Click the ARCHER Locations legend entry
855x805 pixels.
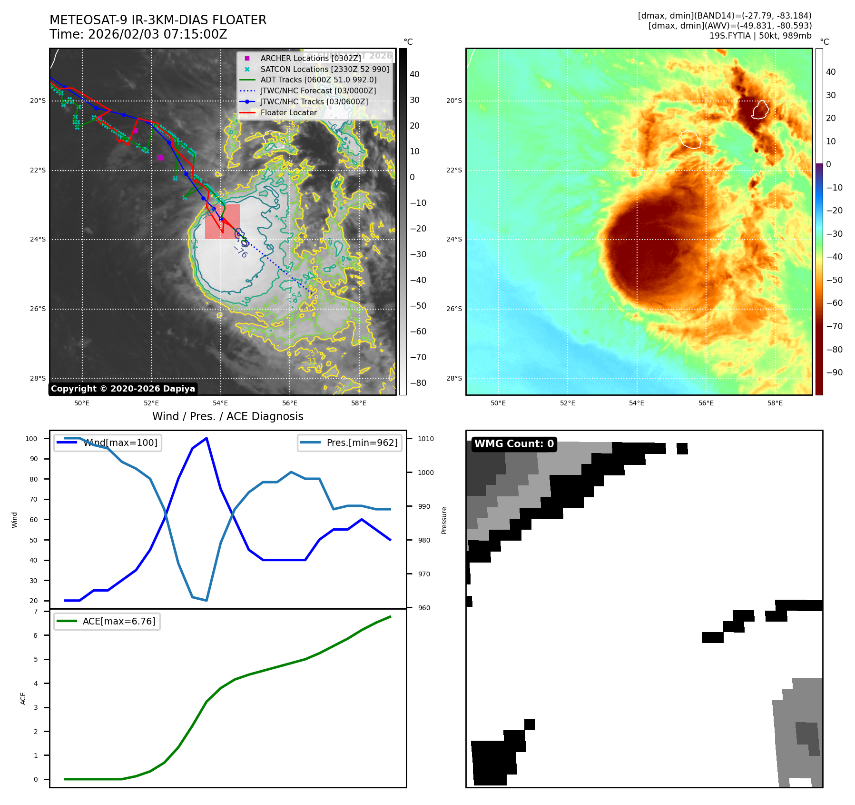[x=310, y=58]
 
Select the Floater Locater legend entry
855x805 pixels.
[x=288, y=112]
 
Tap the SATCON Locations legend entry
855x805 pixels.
[x=324, y=69]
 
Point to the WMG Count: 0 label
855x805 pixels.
[x=514, y=444]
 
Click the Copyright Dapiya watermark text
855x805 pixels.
[x=123, y=389]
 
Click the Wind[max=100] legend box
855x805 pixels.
[x=108, y=443]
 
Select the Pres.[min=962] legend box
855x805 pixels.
[x=350, y=443]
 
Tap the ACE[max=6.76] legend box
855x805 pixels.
[x=107, y=621]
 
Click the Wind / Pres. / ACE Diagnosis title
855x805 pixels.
[x=227, y=416]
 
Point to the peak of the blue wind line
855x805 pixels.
[x=206, y=438]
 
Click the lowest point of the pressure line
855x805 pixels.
[x=206, y=600]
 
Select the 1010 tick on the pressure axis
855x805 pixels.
[x=426, y=439]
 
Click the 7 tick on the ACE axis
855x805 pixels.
[x=36, y=611]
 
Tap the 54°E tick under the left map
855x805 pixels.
[x=220, y=403]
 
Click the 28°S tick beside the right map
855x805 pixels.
[x=454, y=378]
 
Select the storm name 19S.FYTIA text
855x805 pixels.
[x=730, y=36]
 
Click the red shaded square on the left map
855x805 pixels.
[x=222, y=221]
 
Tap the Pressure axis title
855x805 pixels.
[x=444, y=520]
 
